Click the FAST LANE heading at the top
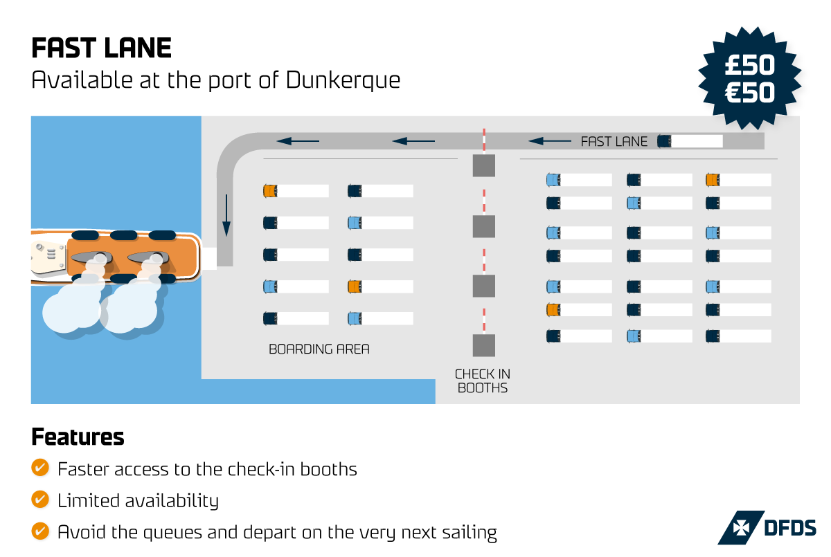101,48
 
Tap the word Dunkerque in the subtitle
343,80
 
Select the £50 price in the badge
749,65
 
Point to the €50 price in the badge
749,91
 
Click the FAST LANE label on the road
614,142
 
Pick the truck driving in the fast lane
690,141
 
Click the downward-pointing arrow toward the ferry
226,216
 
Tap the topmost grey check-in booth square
484,166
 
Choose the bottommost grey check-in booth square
484,345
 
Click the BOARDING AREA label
319,349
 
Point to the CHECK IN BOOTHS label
483,381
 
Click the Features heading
78,437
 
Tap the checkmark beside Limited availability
40,500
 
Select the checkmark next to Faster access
40,468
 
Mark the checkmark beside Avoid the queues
40,531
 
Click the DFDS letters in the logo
789,528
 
